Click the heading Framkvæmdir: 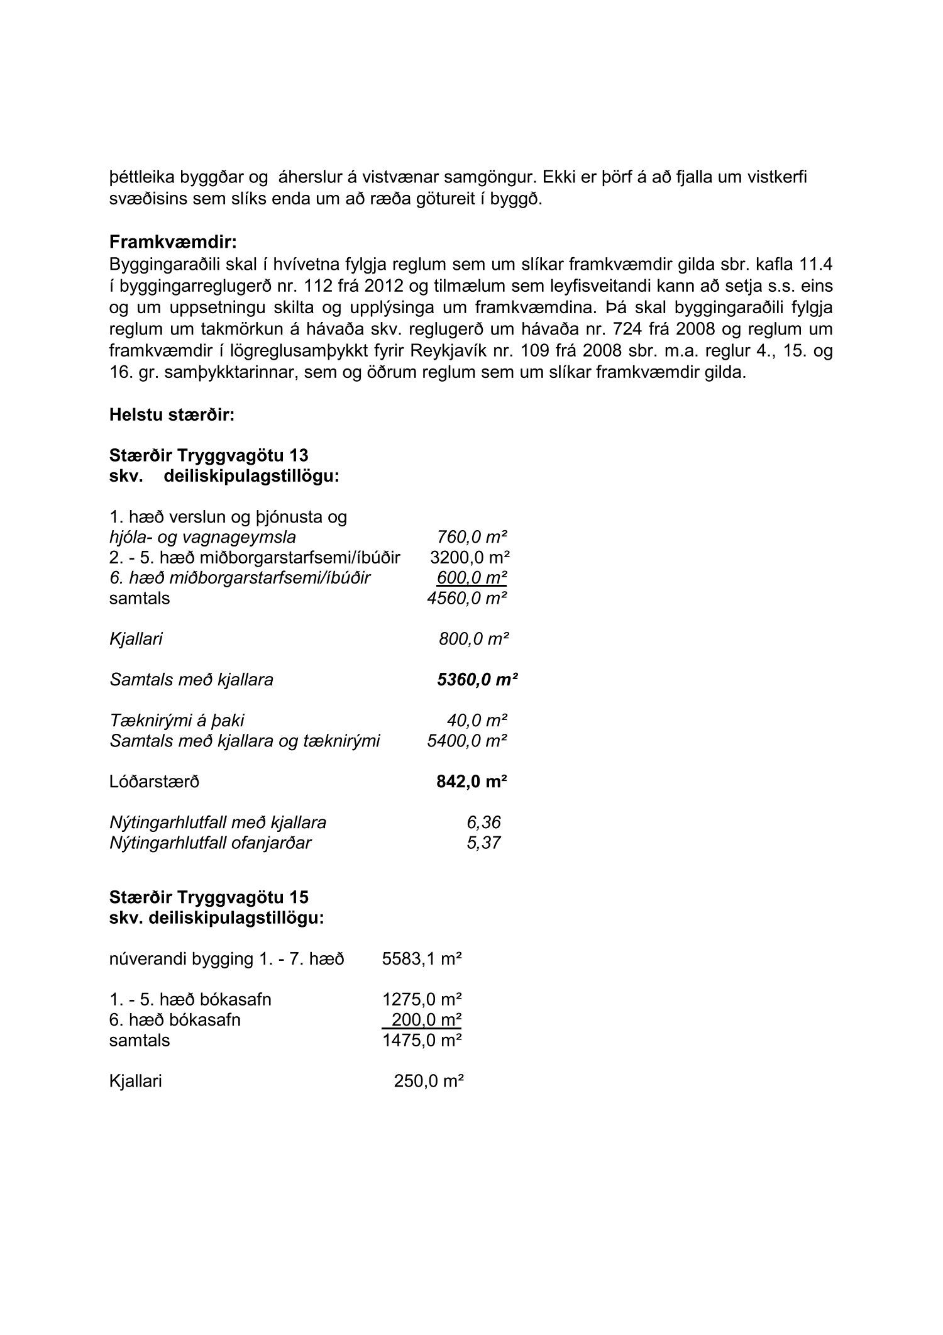(x=173, y=241)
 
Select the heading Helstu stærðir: (x=172, y=415)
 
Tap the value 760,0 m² (x=472, y=537)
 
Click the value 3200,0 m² (x=470, y=558)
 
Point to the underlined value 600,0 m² (x=472, y=577)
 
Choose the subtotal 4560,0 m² (x=467, y=598)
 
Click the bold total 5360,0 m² (x=477, y=679)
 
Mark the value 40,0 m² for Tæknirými (x=477, y=720)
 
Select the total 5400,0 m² (x=467, y=741)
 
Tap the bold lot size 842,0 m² (x=472, y=782)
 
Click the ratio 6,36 (x=483, y=822)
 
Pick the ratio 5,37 (x=483, y=843)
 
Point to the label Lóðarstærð (x=154, y=782)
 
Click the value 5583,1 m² (x=422, y=960)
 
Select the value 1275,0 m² (x=422, y=1000)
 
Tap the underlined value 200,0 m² (x=427, y=1019)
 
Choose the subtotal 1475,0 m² (x=422, y=1040)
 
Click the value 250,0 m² (x=428, y=1081)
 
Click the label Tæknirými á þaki (x=177, y=720)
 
